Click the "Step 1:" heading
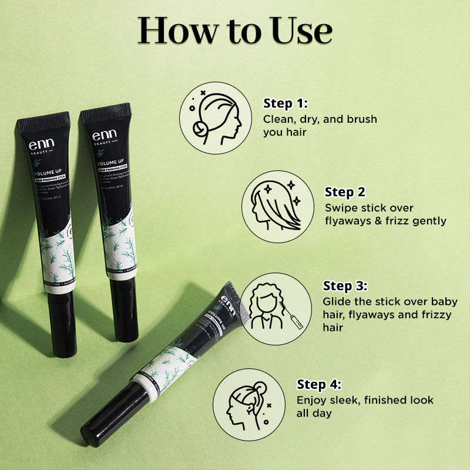[x=286, y=104]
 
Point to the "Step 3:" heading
[x=345, y=286]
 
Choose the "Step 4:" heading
[x=319, y=385]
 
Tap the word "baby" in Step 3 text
[x=444, y=301]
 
